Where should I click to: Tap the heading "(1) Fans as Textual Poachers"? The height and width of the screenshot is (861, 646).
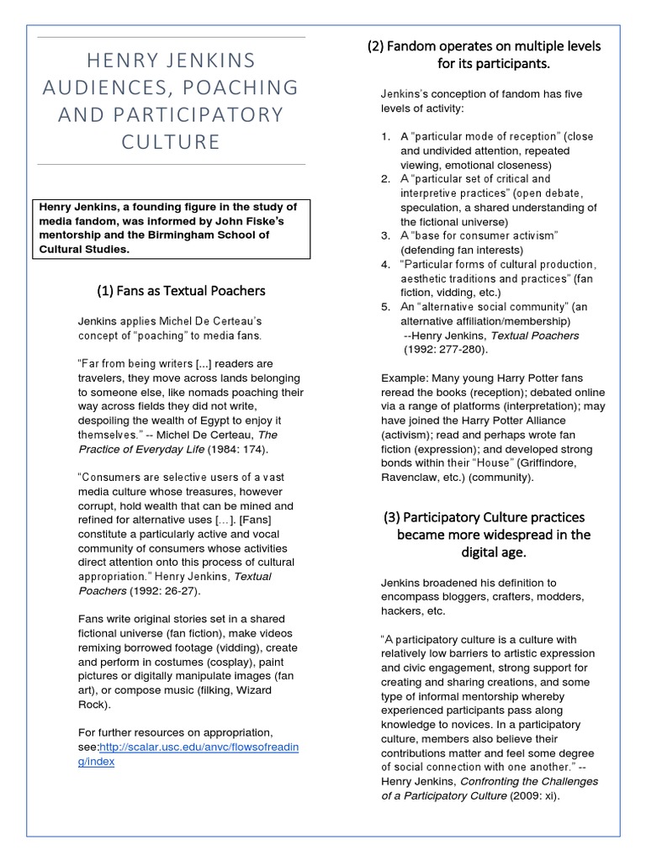[181, 291]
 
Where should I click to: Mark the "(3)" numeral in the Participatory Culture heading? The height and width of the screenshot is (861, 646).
[392, 517]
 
